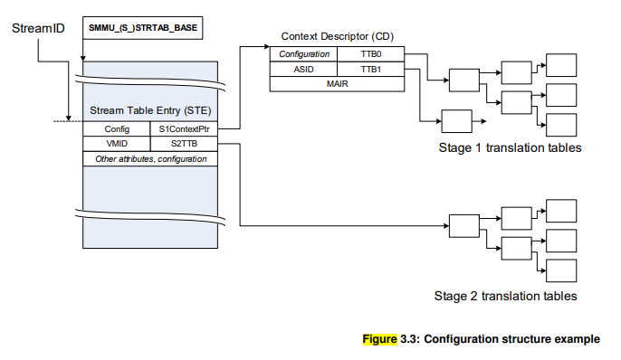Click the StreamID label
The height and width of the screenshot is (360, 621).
tap(37, 28)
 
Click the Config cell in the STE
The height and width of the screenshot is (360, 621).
tap(116, 129)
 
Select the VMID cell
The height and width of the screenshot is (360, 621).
tap(116, 143)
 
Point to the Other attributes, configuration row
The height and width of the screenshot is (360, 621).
tap(150, 158)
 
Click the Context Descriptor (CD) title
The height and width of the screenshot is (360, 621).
tap(337, 36)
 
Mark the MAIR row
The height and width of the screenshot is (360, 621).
tap(337, 83)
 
